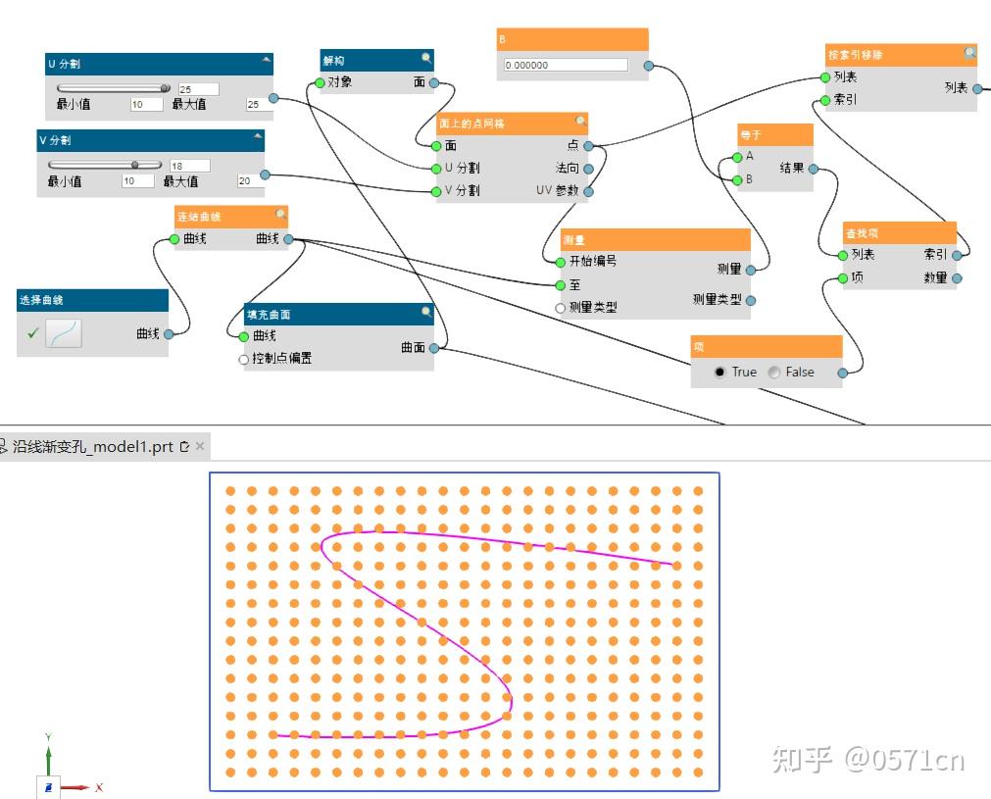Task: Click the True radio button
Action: click(720, 373)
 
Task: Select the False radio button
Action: click(774, 373)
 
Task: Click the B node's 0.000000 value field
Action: click(566, 66)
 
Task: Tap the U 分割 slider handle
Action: click(165, 88)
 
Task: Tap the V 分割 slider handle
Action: click(134, 165)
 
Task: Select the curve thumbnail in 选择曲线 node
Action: click(64, 333)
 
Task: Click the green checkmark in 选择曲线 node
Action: click(32, 333)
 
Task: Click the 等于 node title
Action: click(751, 134)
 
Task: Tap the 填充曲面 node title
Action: click(269, 315)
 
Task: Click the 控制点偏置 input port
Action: click(244, 359)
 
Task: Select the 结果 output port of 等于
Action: click(813, 169)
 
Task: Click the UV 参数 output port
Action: click(588, 191)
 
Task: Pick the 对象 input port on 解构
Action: click(320, 83)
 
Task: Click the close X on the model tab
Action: click(200, 446)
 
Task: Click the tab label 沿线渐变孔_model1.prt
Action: click(92, 446)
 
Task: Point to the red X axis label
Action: click(99, 787)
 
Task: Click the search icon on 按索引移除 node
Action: click(969, 53)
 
